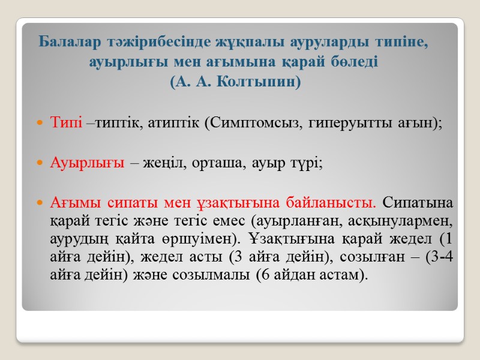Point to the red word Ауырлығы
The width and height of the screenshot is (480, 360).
tap(87, 163)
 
